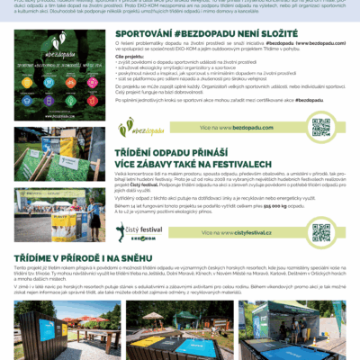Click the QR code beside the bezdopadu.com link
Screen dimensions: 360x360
[x=321, y=126]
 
